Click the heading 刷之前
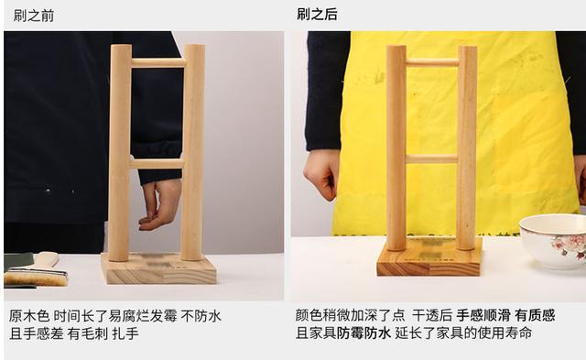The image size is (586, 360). [34, 15]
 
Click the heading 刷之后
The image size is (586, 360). [317, 15]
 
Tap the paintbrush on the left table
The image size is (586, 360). [37, 270]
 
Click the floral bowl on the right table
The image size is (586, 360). [554, 240]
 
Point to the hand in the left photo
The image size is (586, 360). [161, 202]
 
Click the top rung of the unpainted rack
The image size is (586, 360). [157, 63]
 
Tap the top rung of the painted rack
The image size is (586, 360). [431, 62]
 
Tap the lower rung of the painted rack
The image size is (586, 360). [431, 158]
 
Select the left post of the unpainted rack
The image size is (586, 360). [120, 151]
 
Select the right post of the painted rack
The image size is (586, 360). [466, 147]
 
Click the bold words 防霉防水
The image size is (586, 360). [364, 333]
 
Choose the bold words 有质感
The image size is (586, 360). [535, 315]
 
